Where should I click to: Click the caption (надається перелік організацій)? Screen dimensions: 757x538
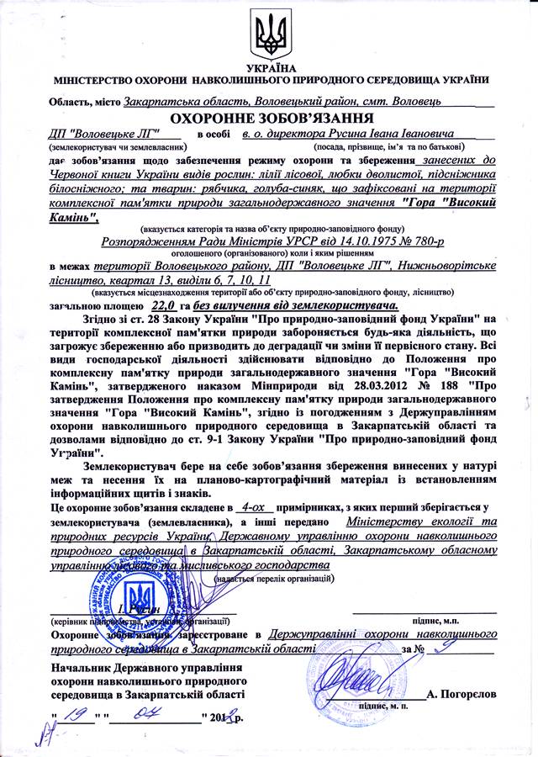(x=272, y=580)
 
